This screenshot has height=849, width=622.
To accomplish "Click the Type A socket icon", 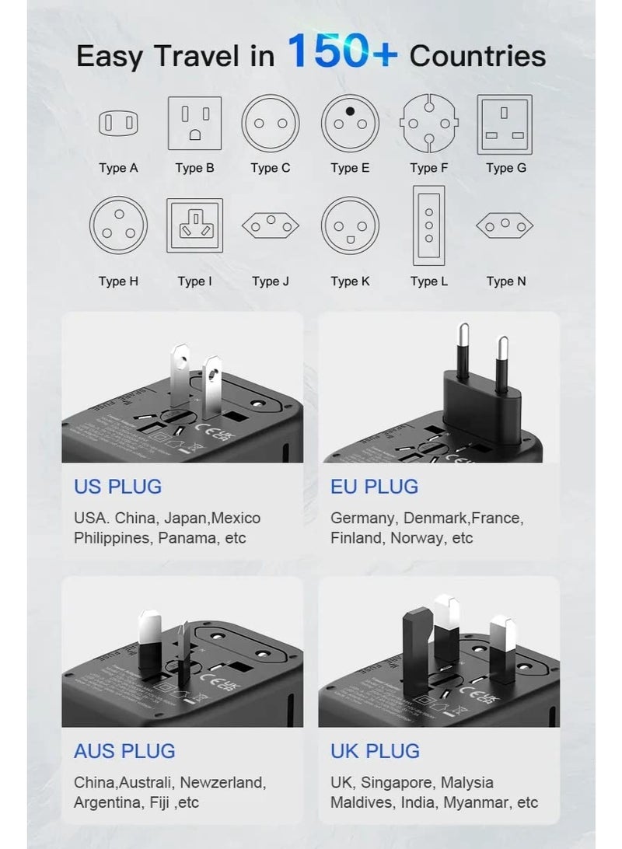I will [118, 123].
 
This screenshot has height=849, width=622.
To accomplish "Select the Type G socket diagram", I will [504, 123].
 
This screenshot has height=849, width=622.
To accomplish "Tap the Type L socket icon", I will [428, 225].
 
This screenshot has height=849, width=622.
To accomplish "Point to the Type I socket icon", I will [194, 225].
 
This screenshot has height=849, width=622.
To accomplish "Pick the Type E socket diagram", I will [350, 123].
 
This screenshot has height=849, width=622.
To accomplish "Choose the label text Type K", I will [350, 281].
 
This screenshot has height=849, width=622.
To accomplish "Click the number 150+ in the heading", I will [342, 52].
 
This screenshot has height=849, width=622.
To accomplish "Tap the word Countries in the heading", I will [477, 56].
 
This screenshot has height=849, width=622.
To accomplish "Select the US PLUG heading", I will [118, 487].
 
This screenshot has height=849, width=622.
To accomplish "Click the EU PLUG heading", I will [374, 487].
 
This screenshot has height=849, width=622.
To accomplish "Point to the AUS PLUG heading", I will [124, 751].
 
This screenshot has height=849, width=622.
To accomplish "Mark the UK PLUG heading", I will [375, 751].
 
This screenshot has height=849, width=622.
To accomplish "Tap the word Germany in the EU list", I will [362, 518].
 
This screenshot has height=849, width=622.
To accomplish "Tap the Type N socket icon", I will [505, 225].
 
